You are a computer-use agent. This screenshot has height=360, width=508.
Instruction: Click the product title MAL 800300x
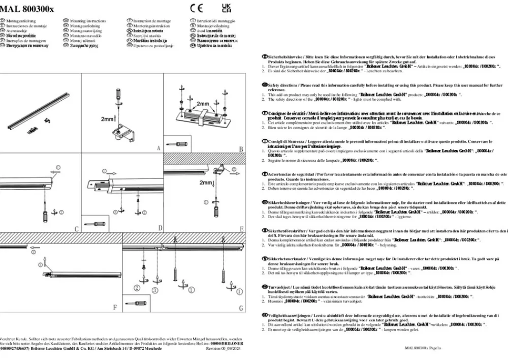point(27,8)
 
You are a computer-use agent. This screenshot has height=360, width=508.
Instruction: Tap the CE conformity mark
point(196,8)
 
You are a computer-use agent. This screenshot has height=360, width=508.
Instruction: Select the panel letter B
point(241,149)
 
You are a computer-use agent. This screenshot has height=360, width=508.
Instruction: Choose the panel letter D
point(160,228)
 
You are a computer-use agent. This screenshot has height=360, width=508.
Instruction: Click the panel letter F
point(115,308)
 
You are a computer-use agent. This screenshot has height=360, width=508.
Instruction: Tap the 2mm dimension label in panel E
point(206,182)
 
